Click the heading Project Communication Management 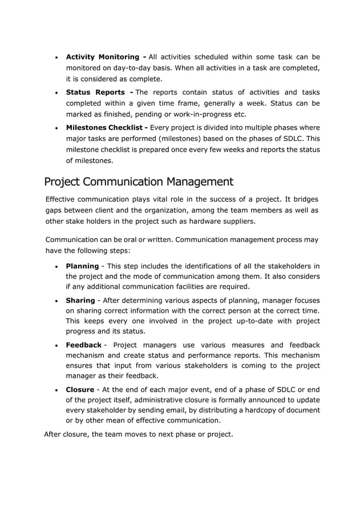(x=139, y=182)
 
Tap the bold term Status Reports (x=96, y=92)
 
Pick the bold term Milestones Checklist (x=106, y=127)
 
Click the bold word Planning (x=83, y=265)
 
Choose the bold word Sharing (x=80, y=300)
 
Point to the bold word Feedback (x=84, y=345)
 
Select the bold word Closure (x=80, y=390)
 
